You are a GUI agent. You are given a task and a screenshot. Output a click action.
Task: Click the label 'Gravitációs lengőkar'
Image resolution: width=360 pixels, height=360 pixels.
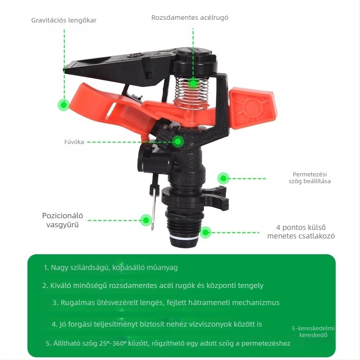(x=64, y=20)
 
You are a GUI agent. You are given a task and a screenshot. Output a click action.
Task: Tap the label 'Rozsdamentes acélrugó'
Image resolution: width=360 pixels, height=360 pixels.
(x=190, y=18)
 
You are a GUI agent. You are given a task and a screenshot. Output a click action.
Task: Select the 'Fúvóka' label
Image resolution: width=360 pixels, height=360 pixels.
(x=74, y=142)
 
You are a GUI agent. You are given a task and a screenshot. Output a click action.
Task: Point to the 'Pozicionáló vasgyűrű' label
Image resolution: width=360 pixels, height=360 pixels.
(x=63, y=220)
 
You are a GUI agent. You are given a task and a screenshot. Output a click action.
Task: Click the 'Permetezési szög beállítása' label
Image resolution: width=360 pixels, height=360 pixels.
(x=310, y=178)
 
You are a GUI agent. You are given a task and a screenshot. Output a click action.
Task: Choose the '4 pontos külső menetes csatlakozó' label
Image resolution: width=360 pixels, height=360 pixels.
(x=301, y=232)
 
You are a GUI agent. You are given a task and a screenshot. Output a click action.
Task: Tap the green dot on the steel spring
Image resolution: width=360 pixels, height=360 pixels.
(x=193, y=83)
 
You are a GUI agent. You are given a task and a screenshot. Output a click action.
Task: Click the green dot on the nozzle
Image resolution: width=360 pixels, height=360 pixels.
(x=178, y=141)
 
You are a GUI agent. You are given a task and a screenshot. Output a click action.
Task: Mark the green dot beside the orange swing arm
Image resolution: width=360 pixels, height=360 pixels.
(x=63, y=105)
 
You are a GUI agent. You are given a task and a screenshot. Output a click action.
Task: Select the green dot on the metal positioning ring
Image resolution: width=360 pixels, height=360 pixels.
(x=146, y=220)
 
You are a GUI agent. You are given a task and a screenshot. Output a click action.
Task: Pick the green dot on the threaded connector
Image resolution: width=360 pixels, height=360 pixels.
(x=206, y=232)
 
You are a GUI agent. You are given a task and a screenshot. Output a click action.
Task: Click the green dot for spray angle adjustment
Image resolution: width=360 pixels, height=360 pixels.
(x=223, y=178)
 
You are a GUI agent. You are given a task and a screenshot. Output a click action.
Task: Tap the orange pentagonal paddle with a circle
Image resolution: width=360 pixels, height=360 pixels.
(x=253, y=107)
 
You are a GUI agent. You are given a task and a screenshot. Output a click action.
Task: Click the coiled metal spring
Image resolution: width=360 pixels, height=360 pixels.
(x=192, y=92)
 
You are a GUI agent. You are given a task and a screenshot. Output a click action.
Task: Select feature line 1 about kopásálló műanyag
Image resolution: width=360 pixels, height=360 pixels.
(x=111, y=267)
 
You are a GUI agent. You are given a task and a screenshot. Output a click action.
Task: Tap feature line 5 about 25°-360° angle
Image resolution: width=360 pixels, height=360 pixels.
(x=168, y=343)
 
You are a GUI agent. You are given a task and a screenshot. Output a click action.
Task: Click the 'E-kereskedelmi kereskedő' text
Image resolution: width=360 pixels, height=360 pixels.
(x=313, y=332)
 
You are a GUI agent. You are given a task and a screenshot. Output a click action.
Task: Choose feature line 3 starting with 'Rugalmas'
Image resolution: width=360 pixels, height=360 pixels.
(x=166, y=302)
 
